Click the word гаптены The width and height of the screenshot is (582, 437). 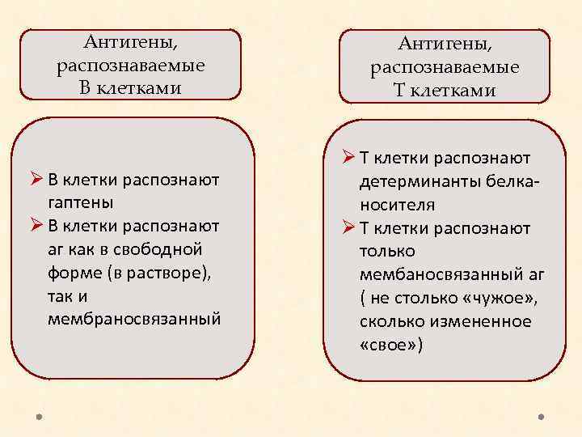tap(80, 202)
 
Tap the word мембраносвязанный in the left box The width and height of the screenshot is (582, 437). tap(133, 320)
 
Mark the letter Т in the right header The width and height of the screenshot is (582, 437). tap(400, 91)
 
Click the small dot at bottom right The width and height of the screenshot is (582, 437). tap(541, 418)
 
